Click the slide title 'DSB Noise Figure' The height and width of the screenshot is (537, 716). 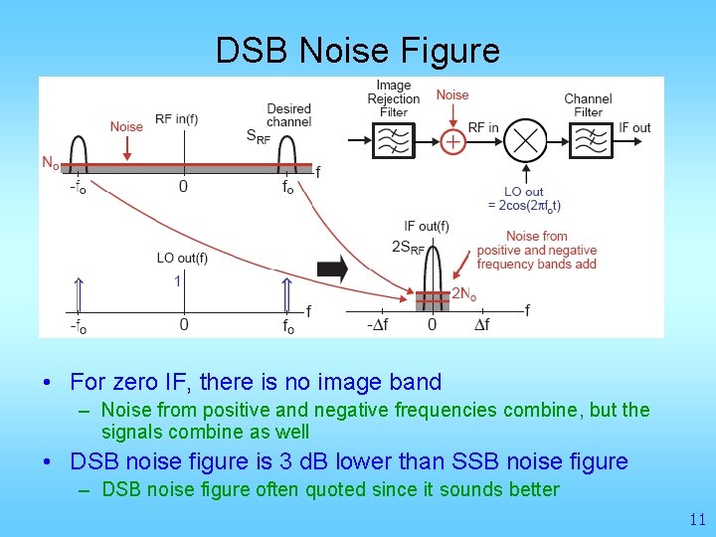click(358, 50)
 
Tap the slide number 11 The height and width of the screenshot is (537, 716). click(696, 519)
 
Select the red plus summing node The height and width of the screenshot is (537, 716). click(452, 141)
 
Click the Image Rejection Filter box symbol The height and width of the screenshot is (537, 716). click(394, 141)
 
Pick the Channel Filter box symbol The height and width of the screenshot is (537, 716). click(589, 141)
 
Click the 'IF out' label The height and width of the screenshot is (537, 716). click(634, 127)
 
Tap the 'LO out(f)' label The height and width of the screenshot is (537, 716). click(182, 259)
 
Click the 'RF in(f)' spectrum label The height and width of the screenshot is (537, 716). click(176, 120)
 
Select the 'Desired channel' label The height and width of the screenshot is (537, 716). click(288, 114)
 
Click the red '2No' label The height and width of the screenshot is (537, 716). click(463, 294)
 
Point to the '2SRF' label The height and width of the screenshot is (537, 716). click(409, 247)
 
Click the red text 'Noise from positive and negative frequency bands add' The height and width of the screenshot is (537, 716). click(536, 250)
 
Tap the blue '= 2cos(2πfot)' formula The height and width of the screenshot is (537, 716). click(524, 206)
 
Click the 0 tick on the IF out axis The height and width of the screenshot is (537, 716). click(432, 325)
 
